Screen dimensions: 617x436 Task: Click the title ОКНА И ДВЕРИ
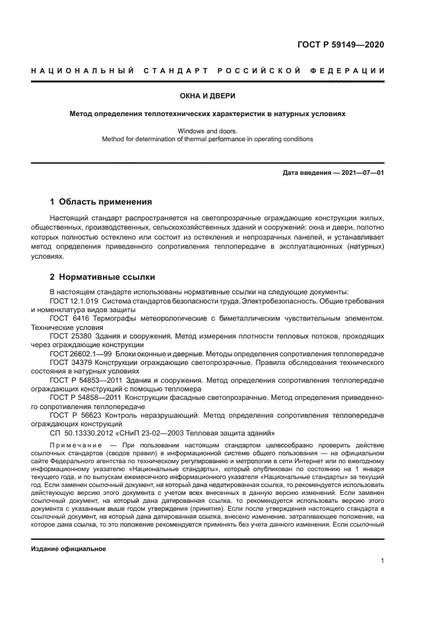(218, 96)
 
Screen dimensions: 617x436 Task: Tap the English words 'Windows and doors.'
(218, 131)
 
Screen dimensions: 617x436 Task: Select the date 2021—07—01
(359, 173)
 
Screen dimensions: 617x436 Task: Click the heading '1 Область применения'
(101, 201)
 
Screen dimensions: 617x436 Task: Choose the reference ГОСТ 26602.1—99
(80, 353)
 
